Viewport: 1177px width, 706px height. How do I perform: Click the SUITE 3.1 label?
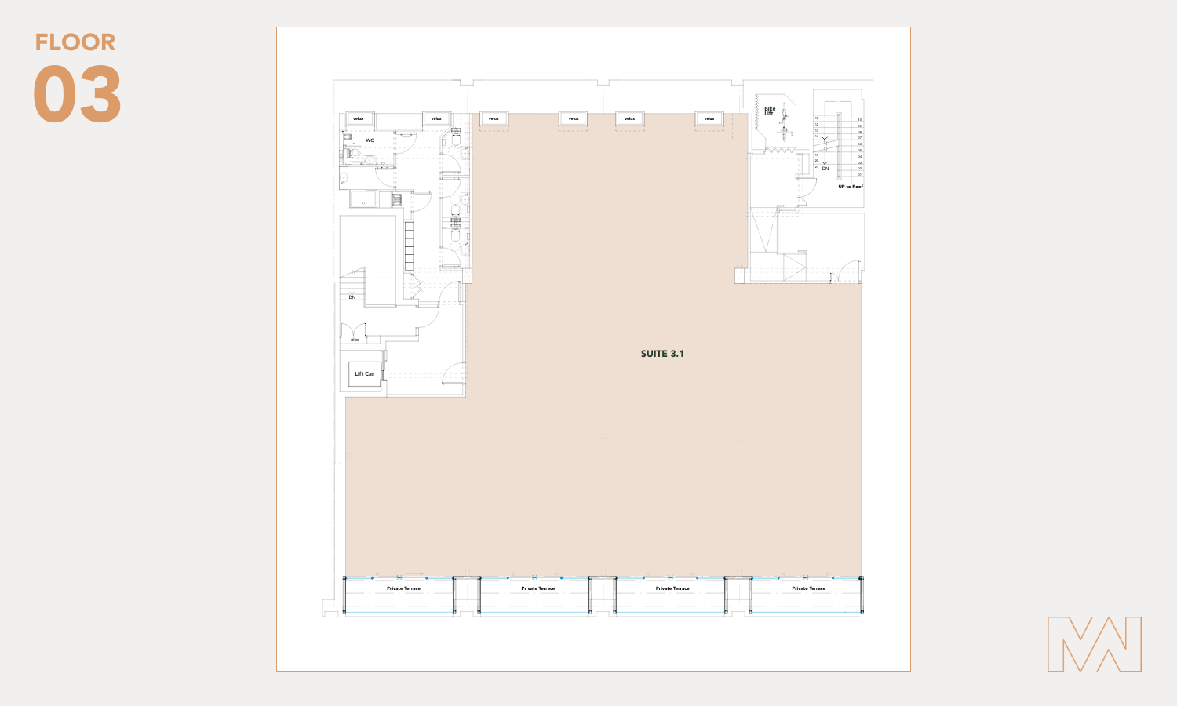pos(661,354)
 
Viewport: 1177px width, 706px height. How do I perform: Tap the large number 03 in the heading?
pos(77,95)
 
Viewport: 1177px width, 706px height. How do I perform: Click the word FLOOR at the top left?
pos(75,42)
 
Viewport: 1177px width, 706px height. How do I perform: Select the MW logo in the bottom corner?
pos(1094,644)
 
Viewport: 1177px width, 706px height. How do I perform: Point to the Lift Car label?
pos(364,374)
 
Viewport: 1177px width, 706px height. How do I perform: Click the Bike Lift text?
pos(770,111)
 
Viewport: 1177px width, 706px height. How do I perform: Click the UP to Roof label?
pos(850,187)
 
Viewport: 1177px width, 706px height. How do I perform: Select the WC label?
pos(370,140)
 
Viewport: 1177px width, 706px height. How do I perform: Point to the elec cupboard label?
pos(355,340)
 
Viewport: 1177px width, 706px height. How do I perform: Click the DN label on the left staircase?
pos(352,297)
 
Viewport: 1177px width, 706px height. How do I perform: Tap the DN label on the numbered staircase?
pos(825,169)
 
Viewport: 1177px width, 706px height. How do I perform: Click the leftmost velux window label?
pos(359,119)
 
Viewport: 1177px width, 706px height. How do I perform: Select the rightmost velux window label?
pos(709,119)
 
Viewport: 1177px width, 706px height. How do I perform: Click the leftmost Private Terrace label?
pos(403,588)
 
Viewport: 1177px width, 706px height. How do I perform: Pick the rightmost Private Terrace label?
pos(808,588)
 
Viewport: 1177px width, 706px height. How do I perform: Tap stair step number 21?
pos(817,166)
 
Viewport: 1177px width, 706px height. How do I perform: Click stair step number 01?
pos(859,174)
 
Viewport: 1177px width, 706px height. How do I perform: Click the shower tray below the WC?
pos(363,199)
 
